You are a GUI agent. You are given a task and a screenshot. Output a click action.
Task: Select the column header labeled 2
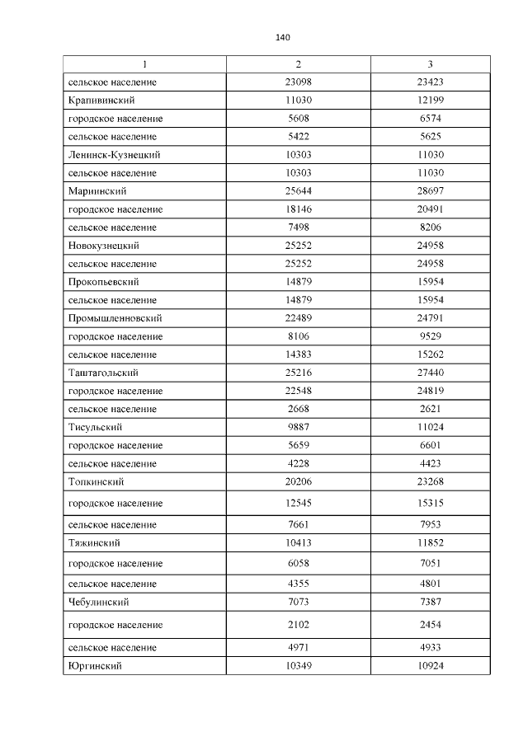pyautogui.click(x=298, y=64)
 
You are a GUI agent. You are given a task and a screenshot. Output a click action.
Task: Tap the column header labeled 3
pyautogui.click(x=430, y=64)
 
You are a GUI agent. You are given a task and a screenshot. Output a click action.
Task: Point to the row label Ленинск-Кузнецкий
pyautogui.click(x=114, y=155)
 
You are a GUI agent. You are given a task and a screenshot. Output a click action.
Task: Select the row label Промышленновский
pyautogui.click(x=115, y=318)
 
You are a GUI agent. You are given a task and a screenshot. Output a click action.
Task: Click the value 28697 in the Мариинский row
pyautogui.click(x=430, y=191)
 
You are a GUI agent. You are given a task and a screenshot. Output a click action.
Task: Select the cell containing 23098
pyautogui.click(x=298, y=82)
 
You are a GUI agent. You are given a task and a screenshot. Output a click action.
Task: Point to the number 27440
pyautogui.click(x=430, y=373)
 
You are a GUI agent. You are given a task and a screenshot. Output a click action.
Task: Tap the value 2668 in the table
pyautogui.click(x=298, y=409)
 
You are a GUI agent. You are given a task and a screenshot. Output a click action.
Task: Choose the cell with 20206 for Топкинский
pyautogui.click(x=298, y=481)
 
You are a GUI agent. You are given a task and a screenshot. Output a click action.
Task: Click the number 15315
pyautogui.click(x=430, y=503)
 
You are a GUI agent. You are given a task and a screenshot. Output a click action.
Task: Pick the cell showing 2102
pyautogui.click(x=298, y=625)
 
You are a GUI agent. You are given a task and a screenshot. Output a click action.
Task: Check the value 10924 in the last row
pyautogui.click(x=430, y=665)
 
